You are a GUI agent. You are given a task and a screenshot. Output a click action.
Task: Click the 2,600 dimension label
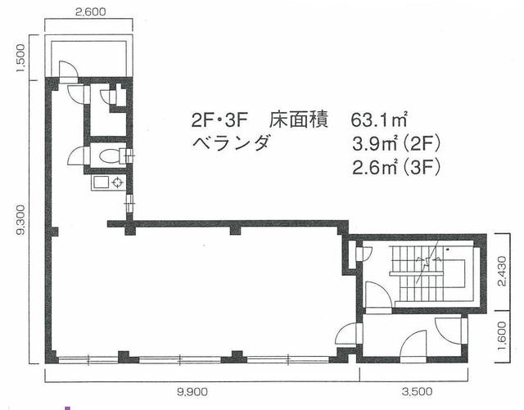coord(90,12)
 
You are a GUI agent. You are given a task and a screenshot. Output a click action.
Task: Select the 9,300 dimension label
coord(20,219)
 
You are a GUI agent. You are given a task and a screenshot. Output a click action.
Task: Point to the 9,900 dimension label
coord(192,391)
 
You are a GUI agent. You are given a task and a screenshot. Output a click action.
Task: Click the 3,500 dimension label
coord(417,391)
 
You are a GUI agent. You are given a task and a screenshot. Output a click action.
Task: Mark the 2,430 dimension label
coord(502,271)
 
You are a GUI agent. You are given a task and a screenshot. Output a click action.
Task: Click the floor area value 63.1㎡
coord(379,120)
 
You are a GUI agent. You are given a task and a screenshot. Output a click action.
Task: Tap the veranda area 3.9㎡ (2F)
coord(396,144)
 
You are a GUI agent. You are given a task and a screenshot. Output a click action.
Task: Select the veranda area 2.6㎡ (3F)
coord(396,167)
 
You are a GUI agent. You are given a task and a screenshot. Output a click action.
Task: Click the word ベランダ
coord(231,144)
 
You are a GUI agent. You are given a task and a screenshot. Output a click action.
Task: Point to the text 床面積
coord(298,120)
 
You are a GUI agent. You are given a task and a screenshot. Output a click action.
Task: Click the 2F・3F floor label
coord(219,120)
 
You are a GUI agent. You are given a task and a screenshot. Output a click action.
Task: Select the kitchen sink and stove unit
coord(107,182)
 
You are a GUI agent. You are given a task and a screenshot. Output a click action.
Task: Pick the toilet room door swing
coord(76,155)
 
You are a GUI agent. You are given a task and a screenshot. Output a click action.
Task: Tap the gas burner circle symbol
coord(118,182)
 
